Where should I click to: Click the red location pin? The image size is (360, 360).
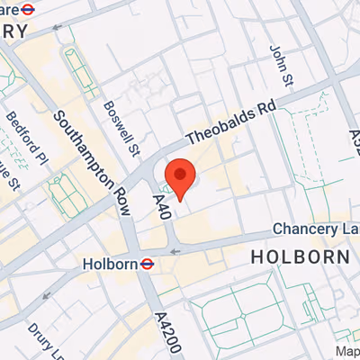coord(181,178)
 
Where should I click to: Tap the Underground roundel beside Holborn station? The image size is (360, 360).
coord(147,265)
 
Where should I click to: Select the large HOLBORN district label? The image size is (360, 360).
coord(300,256)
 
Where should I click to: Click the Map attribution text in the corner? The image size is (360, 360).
coord(348,350)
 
